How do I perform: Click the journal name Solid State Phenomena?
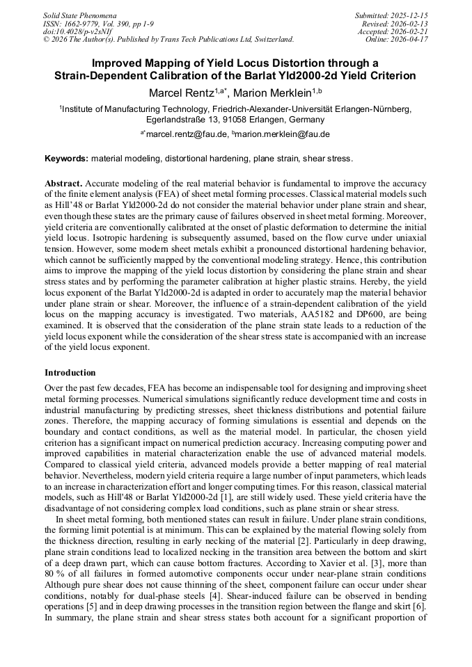79,15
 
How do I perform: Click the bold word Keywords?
66,159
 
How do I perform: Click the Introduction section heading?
70,373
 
